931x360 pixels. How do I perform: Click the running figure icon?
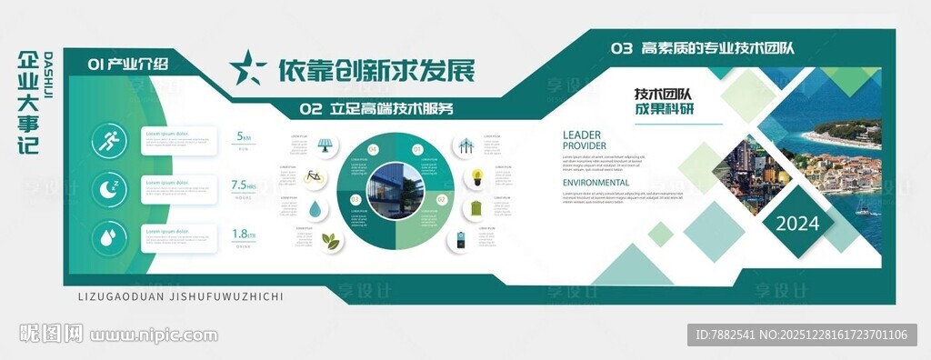pyautogui.click(x=111, y=141)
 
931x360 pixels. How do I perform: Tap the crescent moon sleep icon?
pyautogui.click(x=111, y=189)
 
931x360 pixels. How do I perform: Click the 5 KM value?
pyautogui.click(x=243, y=136)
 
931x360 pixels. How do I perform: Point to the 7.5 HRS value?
pyautogui.click(x=243, y=185)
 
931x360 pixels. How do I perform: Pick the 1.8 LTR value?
pyautogui.click(x=243, y=234)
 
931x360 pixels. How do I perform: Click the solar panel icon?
pyautogui.click(x=325, y=145)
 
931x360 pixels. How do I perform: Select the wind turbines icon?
pyautogui.click(x=465, y=145)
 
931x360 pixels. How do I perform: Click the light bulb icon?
pyautogui.click(x=476, y=176)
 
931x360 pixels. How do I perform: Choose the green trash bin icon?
pyautogui.click(x=476, y=208)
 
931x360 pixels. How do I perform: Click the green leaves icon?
pyautogui.click(x=332, y=241)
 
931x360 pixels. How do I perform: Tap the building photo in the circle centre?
pyautogui.click(x=395, y=191)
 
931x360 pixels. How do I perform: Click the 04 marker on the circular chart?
pyautogui.click(x=373, y=148)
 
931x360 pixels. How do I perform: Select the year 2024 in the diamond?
pyautogui.click(x=797, y=224)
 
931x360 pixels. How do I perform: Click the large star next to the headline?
pyautogui.click(x=247, y=68)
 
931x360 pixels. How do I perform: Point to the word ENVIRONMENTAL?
pyautogui.click(x=596, y=183)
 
